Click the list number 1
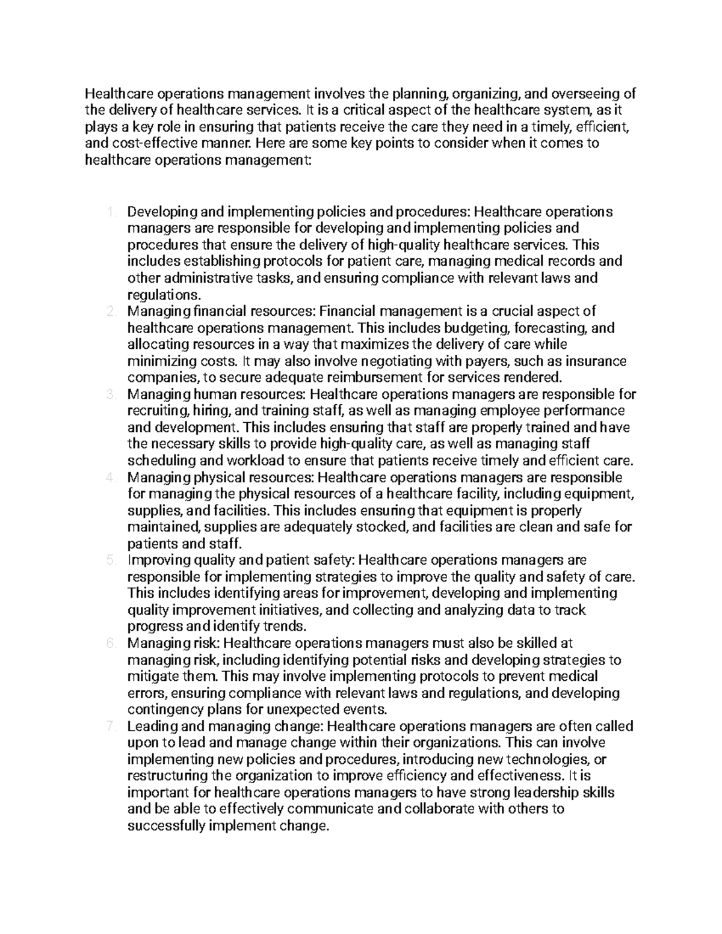110,212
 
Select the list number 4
110,478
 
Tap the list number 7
110,727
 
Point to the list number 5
110,561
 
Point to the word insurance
594,361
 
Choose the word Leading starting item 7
150,727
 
